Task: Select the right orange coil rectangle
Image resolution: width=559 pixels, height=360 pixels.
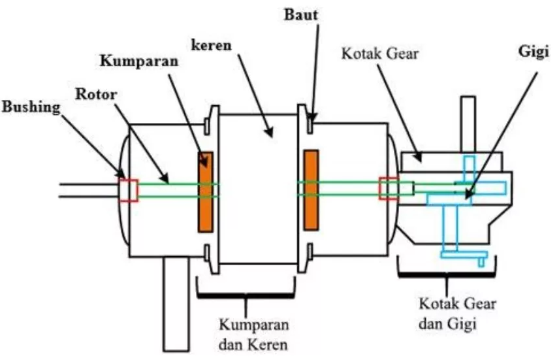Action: pyautogui.click(x=311, y=190)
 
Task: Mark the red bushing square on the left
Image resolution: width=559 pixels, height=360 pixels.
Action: pyautogui.click(x=128, y=189)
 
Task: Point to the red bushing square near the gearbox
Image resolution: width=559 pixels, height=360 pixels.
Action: pyautogui.click(x=389, y=189)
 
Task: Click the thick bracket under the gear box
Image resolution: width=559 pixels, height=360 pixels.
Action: pyautogui.click(x=447, y=273)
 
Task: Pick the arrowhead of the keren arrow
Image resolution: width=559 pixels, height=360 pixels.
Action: pyautogui.click(x=270, y=135)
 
